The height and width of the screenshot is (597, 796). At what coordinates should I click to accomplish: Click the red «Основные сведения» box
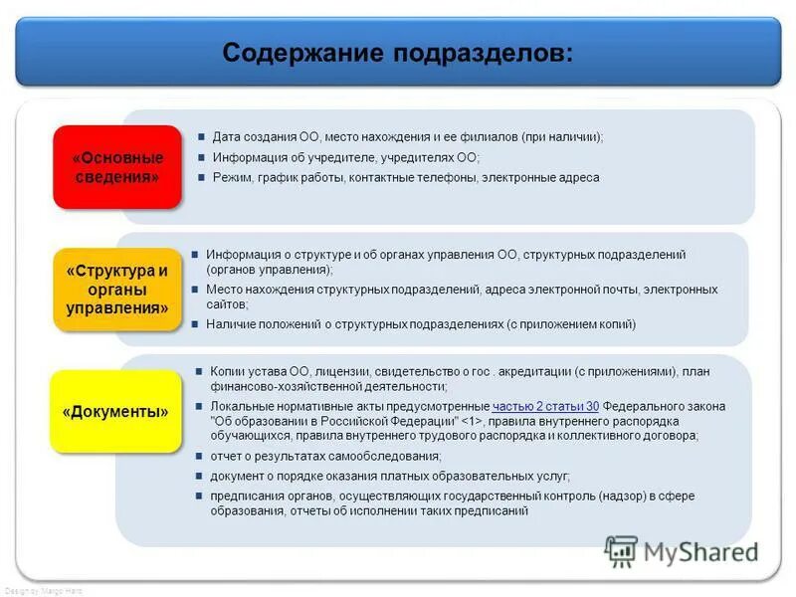tap(117, 167)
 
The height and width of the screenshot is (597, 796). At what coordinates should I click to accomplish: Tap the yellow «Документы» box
tap(115, 411)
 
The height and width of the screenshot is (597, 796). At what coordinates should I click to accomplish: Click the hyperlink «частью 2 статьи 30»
tap(545, 406)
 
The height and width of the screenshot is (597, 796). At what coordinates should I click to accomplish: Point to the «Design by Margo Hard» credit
tap(44, 591)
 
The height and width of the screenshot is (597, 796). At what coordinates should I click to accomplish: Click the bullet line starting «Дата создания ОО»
tap(407, 137)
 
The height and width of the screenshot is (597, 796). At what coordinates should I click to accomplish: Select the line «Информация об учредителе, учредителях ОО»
tap(346, 157)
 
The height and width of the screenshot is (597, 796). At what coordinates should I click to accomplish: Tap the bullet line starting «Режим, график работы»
tap(406, 177)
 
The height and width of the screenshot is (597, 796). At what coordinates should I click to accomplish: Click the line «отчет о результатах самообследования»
tap(325, 456)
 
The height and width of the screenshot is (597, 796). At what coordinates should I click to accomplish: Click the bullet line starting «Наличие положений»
tap(421, 323)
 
